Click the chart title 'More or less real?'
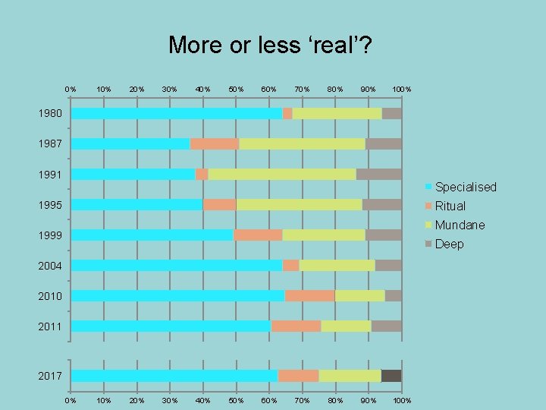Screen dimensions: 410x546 (x=270, y=45)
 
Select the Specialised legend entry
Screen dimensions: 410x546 (x=465, y=187)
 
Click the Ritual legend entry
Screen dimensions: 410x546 (x=450, y=206)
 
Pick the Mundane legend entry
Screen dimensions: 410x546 (x=460, y=225)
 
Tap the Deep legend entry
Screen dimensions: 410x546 (x=449, y=244)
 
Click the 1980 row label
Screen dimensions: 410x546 (x=50, y=114)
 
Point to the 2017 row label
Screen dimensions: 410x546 (x=50, y=376)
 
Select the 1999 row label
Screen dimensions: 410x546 (x=50, y=235)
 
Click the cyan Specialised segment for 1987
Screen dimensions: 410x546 (x=130, y=143)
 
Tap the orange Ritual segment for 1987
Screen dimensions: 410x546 (x=215, y=143)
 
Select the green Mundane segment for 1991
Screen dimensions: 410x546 (x=282, y=174)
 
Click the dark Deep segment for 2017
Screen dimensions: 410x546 (x=391, y=376)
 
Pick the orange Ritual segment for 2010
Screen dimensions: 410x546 (x=309, y=295)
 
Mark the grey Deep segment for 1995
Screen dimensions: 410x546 (x=381, y=204)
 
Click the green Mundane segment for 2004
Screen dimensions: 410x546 (x=337, y=265)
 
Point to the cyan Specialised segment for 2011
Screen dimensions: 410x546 (x=171, y=326)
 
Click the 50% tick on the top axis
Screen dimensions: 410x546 (x=236, y=90)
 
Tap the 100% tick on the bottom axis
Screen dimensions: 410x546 (x=402, y=400)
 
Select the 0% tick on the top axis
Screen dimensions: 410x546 (x=71, y=90)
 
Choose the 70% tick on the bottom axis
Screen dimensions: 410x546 (x=302, y=400)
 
